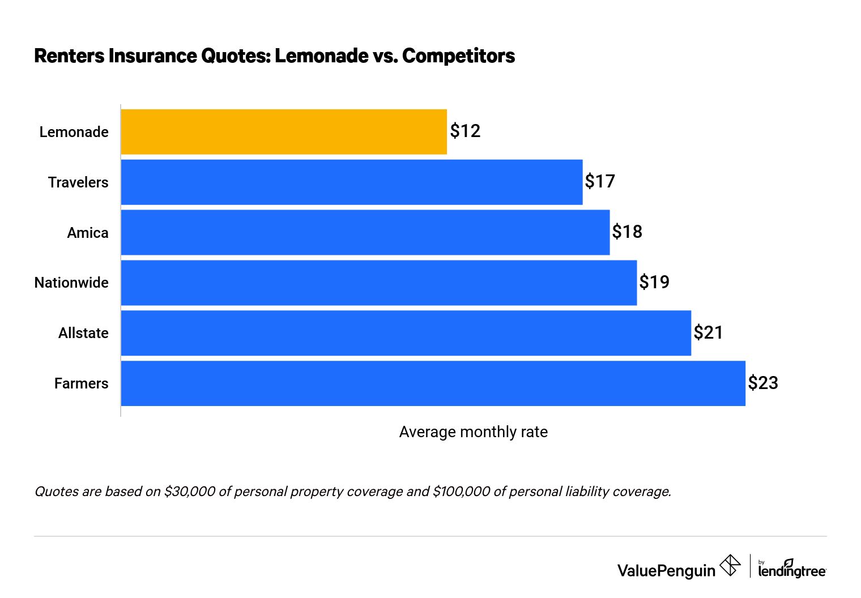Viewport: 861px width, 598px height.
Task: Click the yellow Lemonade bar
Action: pos(283,131)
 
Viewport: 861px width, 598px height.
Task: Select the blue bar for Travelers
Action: pos(351,182)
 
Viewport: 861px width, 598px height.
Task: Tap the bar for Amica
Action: pos(365,232)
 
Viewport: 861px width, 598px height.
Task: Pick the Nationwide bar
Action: pos(378,283)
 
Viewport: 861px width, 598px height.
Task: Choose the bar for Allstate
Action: pos(406,333)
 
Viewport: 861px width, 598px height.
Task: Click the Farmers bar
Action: pos(433,383)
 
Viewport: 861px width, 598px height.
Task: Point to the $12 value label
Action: pos(465,131)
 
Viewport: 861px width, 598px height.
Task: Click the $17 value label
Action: pos(600,182)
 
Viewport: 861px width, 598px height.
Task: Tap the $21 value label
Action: pos(709,332)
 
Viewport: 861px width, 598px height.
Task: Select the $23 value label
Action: pos(763,383)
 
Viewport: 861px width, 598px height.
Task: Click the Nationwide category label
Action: pos(71,283)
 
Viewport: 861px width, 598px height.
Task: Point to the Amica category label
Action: pos(87,233)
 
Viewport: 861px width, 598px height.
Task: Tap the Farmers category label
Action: pos(81,383)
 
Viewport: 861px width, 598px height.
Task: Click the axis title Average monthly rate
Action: pos(473,432)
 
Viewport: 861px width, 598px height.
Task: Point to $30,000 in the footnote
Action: pos(189,492)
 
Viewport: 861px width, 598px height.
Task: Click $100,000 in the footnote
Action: pos(461,492)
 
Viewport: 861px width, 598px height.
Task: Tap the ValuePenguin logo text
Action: pos(666,570)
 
